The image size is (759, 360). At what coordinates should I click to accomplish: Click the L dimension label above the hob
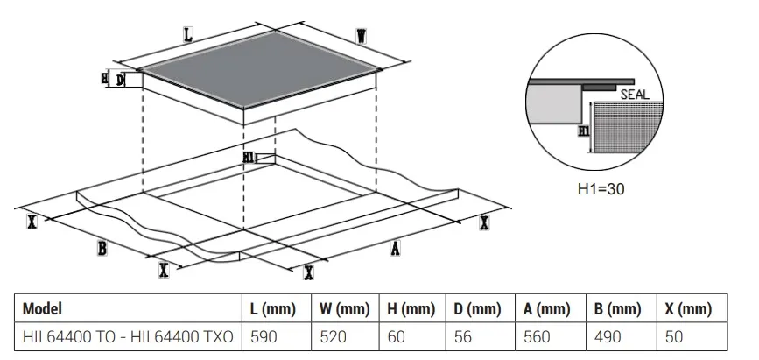click(x=188, y=35)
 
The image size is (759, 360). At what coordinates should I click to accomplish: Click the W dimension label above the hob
click(x=361, y=36)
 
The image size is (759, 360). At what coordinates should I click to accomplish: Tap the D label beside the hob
click(x=120, y=80)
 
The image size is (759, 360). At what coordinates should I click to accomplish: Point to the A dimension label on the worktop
click(x=396, y=249)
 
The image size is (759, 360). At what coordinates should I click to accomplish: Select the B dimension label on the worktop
click(x=102, y=249)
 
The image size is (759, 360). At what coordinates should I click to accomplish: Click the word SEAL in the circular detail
click(x=635, y=95)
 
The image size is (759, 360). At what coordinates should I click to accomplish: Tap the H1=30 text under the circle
click(x=601, y=188)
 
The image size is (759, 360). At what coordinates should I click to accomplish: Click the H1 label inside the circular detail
click(x=584, y=131)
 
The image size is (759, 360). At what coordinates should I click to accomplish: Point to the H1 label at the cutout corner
click(x=249, y=158)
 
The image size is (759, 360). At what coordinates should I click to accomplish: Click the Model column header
click(x=42, y=308)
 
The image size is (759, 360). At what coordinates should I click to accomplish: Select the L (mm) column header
click(x=272, y=308)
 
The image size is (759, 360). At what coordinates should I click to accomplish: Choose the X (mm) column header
click(x=688, y=308)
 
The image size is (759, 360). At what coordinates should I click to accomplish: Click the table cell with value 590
click(x=264, y=336)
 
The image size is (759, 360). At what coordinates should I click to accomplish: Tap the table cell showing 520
click(x=333, y=336)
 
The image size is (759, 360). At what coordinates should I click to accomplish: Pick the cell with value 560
click(x=537, y=336)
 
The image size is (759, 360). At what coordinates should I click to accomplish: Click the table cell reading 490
click(x=608, y=336)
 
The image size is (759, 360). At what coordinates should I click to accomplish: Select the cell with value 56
click(x=463, y=336)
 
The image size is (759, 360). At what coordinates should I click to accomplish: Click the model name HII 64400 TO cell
click(x=128, y=336)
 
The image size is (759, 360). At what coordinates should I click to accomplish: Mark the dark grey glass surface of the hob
click(x=259, y=69)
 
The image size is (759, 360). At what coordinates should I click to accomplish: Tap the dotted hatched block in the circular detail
click(x=628, y=127)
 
